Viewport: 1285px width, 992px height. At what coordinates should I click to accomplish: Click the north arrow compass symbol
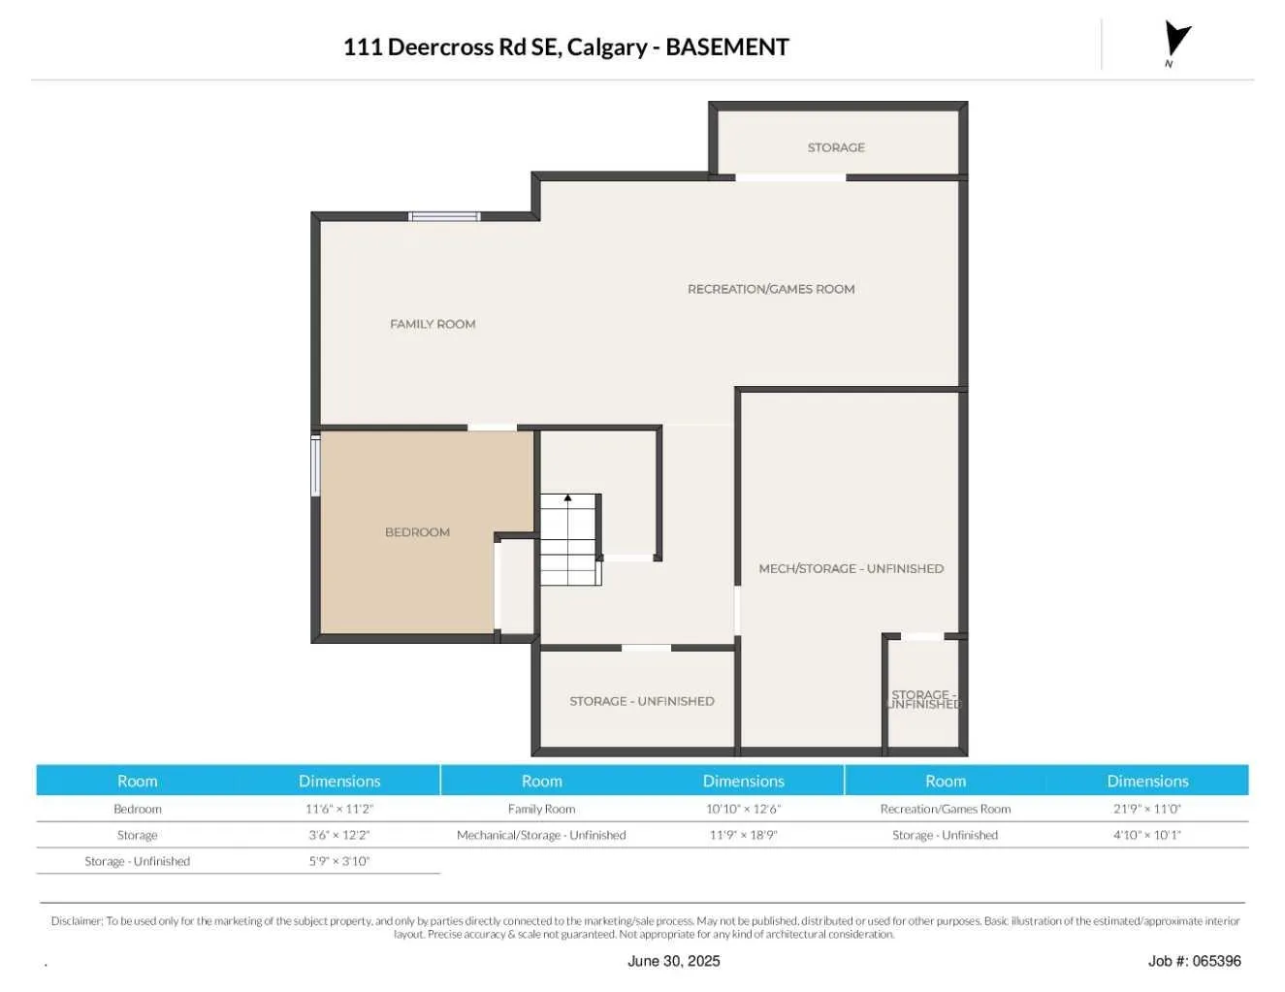click(1175, 40)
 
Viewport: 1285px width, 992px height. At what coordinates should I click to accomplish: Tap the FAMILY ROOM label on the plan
click(433, 324)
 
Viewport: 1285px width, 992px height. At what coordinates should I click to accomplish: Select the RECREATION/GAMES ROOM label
click(771, 289)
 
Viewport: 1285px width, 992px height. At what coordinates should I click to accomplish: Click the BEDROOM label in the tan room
click(417, 532)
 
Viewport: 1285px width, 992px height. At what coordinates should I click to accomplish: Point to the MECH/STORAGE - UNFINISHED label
click(851, 569)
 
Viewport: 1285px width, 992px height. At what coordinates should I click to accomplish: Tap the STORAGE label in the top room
click(836, 147)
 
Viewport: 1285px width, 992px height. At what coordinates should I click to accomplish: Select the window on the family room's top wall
click(444, 216)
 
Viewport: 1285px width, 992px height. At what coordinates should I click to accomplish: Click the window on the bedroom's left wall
click(315, 465)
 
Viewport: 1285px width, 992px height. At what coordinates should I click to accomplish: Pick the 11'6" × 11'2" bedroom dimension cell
click(339, 809)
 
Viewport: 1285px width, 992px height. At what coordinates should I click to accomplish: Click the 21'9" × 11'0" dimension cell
click(1147, 809)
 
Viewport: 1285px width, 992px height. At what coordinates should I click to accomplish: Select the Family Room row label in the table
click(541, 809)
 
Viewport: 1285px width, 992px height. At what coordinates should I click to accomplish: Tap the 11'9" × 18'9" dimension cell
click(743, 835)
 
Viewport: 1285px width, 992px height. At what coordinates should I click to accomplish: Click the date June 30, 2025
click(673, 961)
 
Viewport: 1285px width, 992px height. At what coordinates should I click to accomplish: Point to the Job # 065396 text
click(1194, 961)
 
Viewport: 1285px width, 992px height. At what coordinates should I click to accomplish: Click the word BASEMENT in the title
click(727, 47)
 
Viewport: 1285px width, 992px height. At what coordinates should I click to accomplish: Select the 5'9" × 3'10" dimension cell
click(339, 861)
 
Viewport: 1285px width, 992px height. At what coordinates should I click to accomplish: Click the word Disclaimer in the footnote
click(76, 921)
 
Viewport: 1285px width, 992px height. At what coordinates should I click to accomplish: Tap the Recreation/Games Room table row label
click(945, 809)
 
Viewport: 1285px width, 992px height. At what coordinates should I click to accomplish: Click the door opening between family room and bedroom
click(492, 427)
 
